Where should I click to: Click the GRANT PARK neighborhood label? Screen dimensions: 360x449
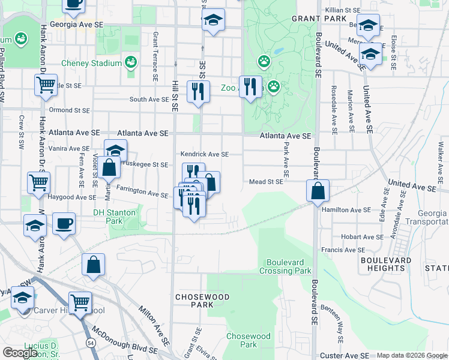tap(319, 19)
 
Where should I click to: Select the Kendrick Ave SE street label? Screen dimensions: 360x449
tap(205, 154)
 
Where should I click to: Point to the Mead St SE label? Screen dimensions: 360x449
tap(266, 182)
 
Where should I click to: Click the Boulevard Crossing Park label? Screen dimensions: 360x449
tap(285, 267)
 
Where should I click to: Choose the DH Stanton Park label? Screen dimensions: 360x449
tap(115, 217)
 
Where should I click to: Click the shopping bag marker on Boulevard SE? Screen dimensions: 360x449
tap(318, 191)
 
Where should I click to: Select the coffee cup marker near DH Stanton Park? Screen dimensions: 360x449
tap(64, 224)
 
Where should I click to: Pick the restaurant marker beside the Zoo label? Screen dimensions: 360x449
tap(250, 87)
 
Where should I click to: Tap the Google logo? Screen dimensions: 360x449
tap(20, 353)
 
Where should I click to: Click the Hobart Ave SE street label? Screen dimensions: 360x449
tap(361, 237)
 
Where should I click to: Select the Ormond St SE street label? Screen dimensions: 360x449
tap(70, 110)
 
